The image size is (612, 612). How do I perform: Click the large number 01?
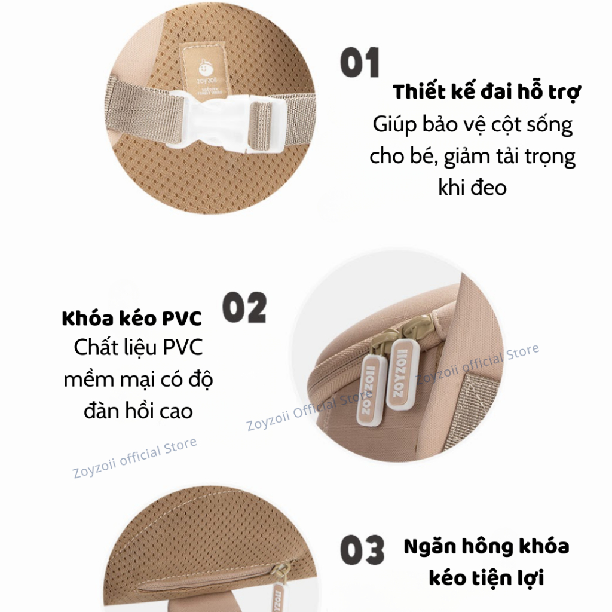click(x=359, y=62)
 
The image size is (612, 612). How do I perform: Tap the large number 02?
click(x=244, y=308)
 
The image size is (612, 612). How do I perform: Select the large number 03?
click(x=362, y=550)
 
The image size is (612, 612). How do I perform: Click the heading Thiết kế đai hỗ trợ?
click(x=486, y=92)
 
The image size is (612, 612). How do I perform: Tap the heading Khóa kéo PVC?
click(x=132, y=318)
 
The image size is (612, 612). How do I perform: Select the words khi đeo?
click(x=472, y=187)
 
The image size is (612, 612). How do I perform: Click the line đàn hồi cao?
click(x=138, y=411)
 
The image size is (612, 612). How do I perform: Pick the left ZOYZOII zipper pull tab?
click(x=369, y=391)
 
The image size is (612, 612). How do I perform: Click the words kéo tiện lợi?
click(x=486, y=578)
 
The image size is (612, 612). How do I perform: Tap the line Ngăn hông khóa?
click(x=486, y=546)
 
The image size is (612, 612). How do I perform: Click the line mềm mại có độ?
click(x=138, y=380)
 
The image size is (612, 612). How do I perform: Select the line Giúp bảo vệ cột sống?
click(x=473, y=125)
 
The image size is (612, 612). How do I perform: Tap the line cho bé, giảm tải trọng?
click(x=472, y=157)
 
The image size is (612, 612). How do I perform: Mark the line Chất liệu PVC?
click(x=138, y=347)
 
